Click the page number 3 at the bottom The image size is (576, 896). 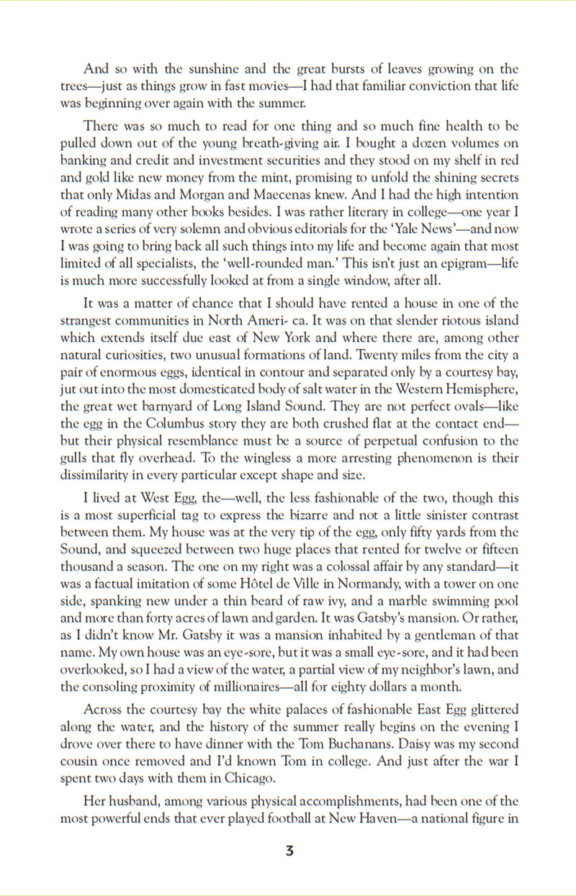point(289,851)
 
